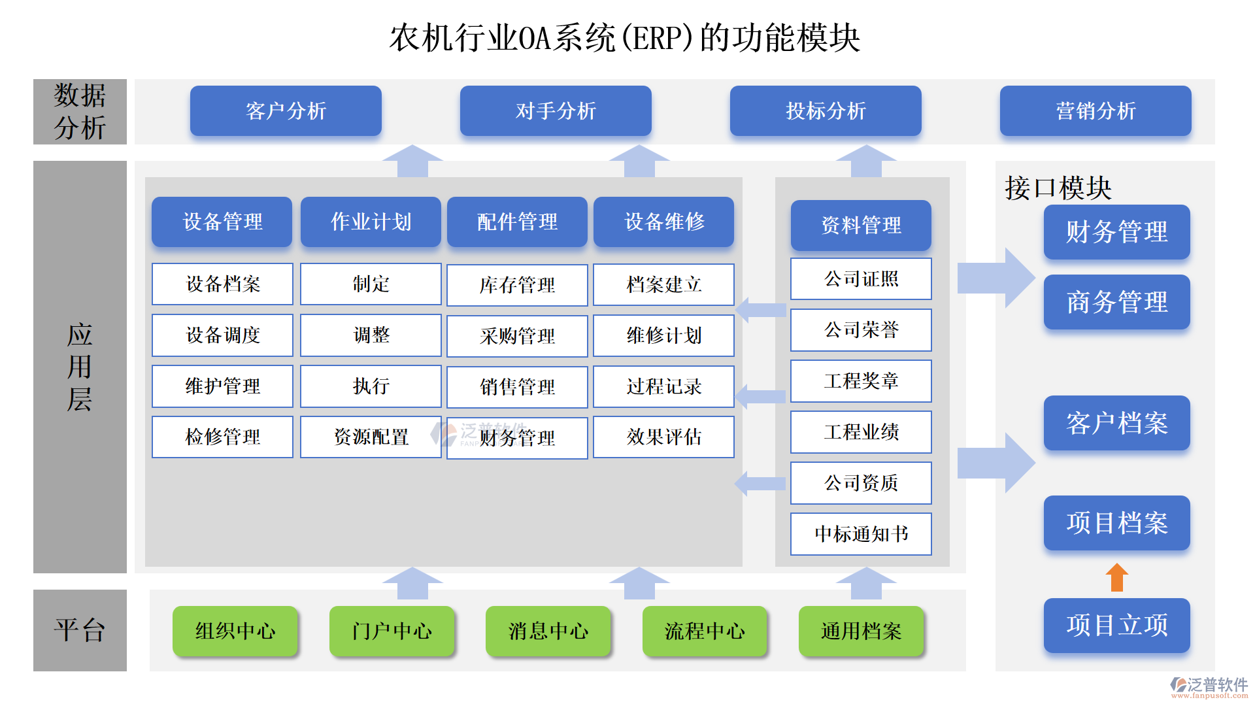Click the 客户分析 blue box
tap(286, 111)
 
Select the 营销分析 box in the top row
tap(1095, 111)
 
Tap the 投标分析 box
tap(825, 111)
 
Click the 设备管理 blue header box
tap(222, 222)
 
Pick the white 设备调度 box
tap(222, 335)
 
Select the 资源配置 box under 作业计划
tap(371, 437)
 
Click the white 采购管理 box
tap(517, 336)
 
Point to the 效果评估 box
tap(663, 437)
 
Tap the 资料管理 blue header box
tap(860, 226)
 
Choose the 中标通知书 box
tap(860, 534)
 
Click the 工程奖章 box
tap(860, 381)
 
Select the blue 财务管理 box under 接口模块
tap(1116, 232)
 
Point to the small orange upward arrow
tap(1116, 577)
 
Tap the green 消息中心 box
tap(548, 631)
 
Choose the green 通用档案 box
tap(860, 631)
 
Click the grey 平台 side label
tap(80, 630)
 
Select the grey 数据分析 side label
tap(80, 112)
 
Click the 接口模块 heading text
tap(1058, 188)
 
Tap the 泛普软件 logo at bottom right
tap(1209, 686)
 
